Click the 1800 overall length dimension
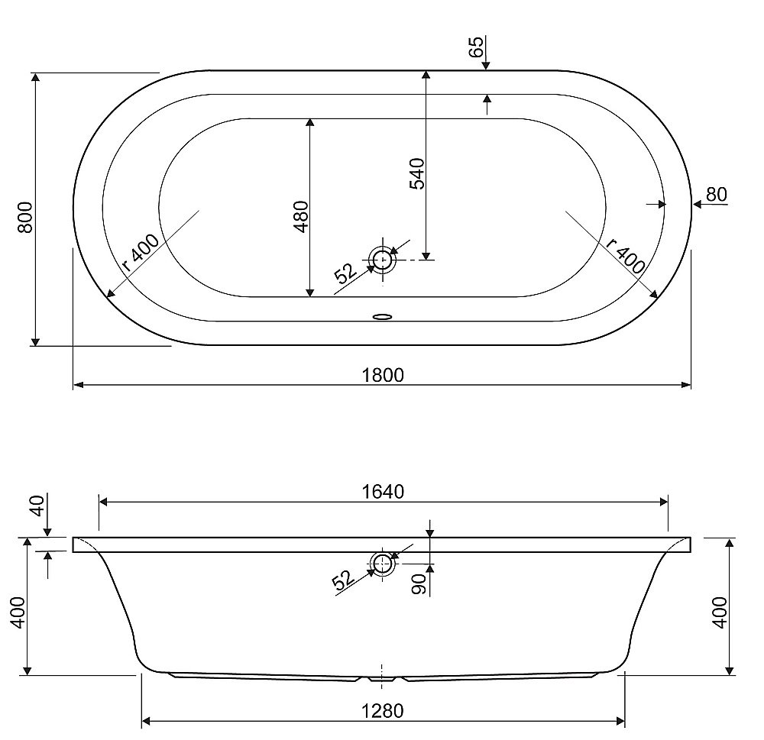click(383, 375)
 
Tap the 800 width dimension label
click(25, 218)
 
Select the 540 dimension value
click(417, 173)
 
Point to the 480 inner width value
click(302, 216)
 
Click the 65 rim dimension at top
click(477, 47)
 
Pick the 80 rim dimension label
click(717, 195)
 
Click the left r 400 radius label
click(141, 252)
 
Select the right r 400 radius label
click(626, 256)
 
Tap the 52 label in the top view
click(345, 273)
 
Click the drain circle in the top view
click(383, 259)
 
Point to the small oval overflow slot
click(383, 317)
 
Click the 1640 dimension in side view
click(383, 492)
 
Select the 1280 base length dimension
click(383, 711)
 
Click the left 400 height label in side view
click(18, 612)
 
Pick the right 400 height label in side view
click(720, 612)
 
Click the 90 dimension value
click(419, 583)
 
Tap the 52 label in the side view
click(343, 580)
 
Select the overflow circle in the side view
click(383, 564)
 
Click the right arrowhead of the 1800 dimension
click(686, 385)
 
